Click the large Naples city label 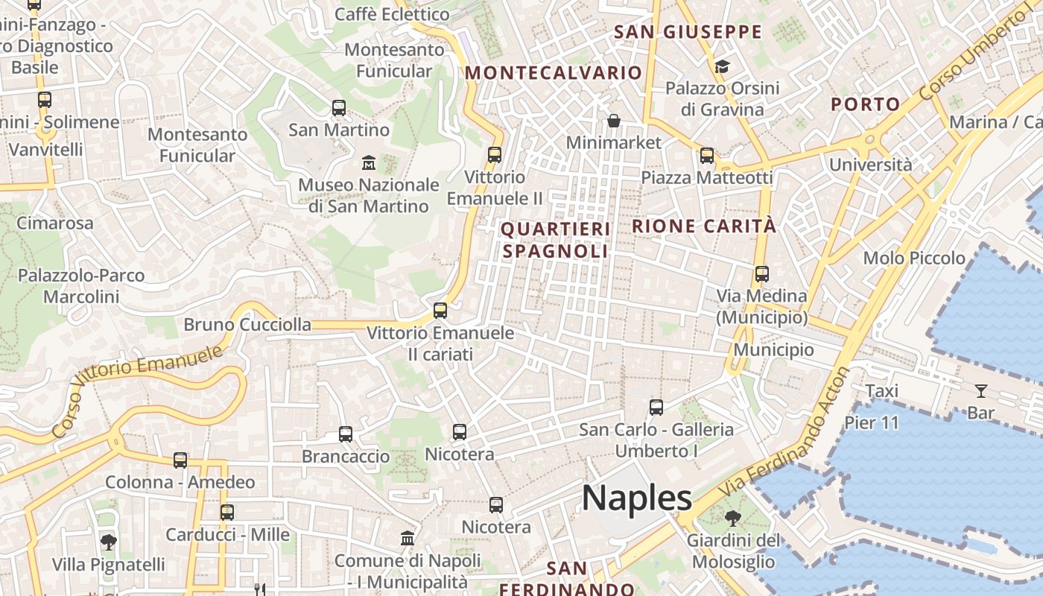click(x=636, y=498)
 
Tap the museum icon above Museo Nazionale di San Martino click(x=368, y=162)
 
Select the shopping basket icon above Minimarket click(x=614, y=121)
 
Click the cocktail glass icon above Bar click(x=980, y=390)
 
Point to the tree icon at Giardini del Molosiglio click(x=733, y=518)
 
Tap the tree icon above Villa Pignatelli click(x=109, y=542)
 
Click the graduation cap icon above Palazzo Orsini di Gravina click(x=721, y=67)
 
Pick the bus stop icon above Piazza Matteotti click(x=706, y=156)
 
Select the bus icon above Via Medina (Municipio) click(x=761, y=273)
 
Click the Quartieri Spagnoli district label click(x=556, y=240)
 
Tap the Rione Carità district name click(x=704, y=226)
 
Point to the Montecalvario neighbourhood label click(x=553, y=72)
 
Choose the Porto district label click(x=866, y=104)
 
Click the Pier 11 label click(x=872, y=422)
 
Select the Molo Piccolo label click(x=914, y=259)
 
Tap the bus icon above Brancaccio click(x=345, y=434)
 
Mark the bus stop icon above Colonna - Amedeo click(x=180, y=460)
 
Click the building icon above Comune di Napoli click(x=408, y=538)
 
